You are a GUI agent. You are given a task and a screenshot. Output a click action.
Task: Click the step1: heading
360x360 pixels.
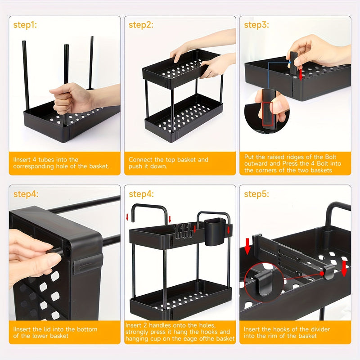pos(25,25)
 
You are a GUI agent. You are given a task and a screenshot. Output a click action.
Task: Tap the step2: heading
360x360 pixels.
pos(141,25)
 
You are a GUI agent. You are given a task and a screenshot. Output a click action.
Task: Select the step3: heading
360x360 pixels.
pos(256,25)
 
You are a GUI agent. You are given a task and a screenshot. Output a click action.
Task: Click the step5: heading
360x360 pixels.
pos(256,194)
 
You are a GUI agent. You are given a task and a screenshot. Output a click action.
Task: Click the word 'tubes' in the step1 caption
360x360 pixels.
pos(46,160)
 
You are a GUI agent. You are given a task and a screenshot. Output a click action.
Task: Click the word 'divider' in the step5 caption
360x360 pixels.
pos(320,329)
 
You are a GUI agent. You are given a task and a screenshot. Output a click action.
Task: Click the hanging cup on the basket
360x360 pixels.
pos(215,231)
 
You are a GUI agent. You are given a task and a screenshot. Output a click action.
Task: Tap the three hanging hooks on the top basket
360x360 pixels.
pos(183,231)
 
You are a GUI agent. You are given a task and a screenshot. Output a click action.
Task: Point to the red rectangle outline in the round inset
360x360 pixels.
pos(267,114)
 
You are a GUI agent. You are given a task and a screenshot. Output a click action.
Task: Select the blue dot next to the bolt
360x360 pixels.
pos(290,62)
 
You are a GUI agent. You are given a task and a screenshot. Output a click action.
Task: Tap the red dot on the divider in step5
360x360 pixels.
pos(322,274)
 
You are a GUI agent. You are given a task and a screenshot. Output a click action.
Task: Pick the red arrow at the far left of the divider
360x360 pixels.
pos(247,246)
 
